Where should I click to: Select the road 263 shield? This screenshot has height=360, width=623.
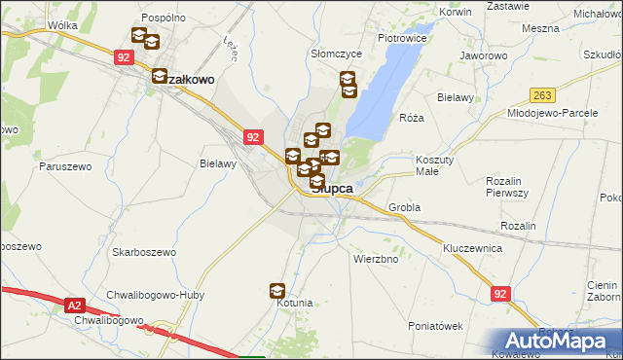(543, 94)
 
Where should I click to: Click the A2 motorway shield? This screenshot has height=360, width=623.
(76, 306)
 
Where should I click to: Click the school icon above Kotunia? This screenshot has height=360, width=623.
(277, 290)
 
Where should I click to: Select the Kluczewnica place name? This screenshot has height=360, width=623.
(472, 249)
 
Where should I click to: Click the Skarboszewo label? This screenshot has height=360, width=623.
(143, 252)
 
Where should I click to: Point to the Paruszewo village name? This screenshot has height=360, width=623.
(65, 166)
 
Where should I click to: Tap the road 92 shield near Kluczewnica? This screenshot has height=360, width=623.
(500, 293)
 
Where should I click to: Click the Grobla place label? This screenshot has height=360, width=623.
(404, 207)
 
